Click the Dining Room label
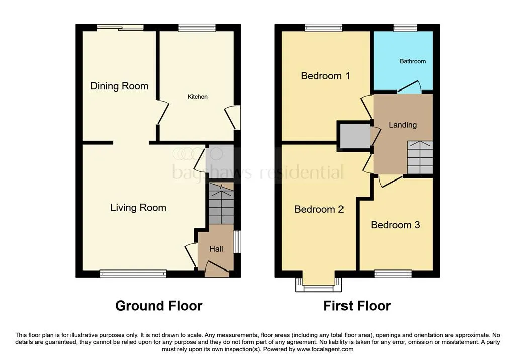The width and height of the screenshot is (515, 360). pyautogui.click(x=119, y=86)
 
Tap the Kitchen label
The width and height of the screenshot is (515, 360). pyautogui.click(x=197, y=96)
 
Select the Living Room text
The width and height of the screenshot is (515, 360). pyautogui.click(x=138, y=208)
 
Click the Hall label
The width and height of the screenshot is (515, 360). pyautogui.click(x=216, y=249)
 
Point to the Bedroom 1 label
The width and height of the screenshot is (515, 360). pyautogui.click(x=325, y=76)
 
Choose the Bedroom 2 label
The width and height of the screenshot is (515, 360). pyautogui.click(x=319, y=209)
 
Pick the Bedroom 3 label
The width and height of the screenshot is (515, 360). pyautogui.click(x=395, y=225)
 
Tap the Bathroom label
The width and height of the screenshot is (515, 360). pyautogui.click(x=413, y=61)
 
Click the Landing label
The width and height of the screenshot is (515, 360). pyautogui.click(x=403, y=125)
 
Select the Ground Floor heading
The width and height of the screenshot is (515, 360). pyautogui.click(x=158, y=306)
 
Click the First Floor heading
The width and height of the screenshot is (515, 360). pyautogui.click(x=357, y=306)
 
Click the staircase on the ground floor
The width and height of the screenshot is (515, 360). pyautogui.click(x=221, y=203)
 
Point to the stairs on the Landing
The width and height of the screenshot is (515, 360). pyautogui.click(x=420, y=157)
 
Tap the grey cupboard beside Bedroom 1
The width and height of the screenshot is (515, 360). pyautogui.click(x=355, y=135)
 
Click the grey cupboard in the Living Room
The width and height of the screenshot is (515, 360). pyautogui.click(x=219, y=161)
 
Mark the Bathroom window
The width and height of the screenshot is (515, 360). pyautogui.click(x=405, y=28)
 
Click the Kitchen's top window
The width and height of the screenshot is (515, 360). pyautogui.click(x=197, y=28)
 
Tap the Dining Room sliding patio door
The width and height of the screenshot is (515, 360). pyautogui.click(x=120, y=28)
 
